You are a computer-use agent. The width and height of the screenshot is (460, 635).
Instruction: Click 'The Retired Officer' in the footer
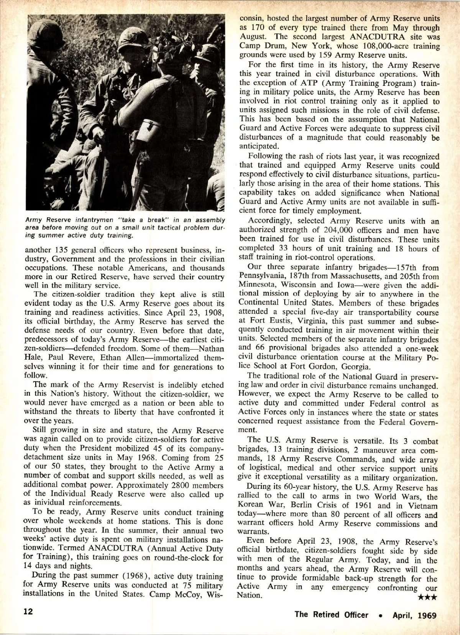click(331, 615)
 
